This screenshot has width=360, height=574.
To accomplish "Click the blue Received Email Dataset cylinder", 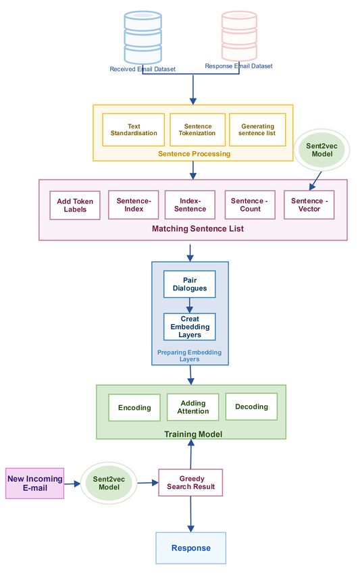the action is [x=143, y=37].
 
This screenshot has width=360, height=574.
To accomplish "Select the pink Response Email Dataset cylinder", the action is [x=239, y=36].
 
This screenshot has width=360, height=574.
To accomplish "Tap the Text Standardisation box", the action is [x=133, y=130].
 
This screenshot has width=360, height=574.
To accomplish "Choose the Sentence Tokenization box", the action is [x=197, y=130].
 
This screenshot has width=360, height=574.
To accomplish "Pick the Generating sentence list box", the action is [x=257, y=130].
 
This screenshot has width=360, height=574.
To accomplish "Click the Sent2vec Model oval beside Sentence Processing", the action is [x=322, y=150].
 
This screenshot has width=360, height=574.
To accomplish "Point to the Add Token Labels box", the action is [x=75, y=205].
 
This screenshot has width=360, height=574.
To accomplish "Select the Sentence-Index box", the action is [x=134, y=205].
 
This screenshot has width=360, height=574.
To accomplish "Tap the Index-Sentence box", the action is [x=190, y=205].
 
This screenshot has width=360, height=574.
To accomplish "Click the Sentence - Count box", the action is [x=250, y=205].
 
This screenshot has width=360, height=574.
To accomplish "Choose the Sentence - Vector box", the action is [x=309, y=205].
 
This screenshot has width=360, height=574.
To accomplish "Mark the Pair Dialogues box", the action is [x=190, y=284].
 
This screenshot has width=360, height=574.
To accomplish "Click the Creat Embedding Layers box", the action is [x=190, y=327].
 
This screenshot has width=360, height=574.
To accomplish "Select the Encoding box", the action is [x=134, y=407].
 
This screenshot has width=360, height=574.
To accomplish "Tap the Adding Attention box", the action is [x=193, y=407].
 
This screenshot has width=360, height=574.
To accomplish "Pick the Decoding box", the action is [x=252, y=407].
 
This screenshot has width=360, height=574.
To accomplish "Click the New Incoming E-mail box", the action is [x=35, y=484].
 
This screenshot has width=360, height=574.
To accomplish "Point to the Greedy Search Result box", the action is [x=190, y=482].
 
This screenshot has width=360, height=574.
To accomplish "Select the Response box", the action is [x=190, y=548].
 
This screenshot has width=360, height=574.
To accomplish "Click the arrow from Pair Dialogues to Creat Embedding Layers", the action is [x=190, y=305].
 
